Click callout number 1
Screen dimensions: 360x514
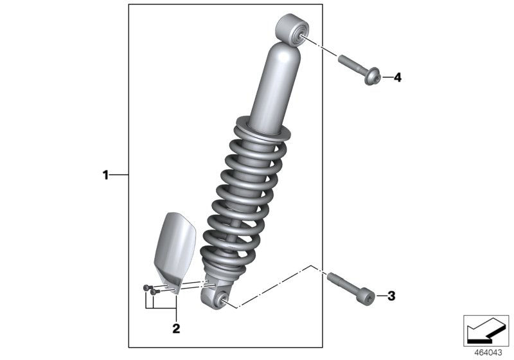(x=106, y=174)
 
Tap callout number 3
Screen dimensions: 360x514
(x=391, y=296)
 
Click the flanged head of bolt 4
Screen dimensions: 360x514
(x=372, y=78)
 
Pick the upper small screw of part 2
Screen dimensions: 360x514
(x=147, y=287)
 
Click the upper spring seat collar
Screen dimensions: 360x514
(x=263, y=126)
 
